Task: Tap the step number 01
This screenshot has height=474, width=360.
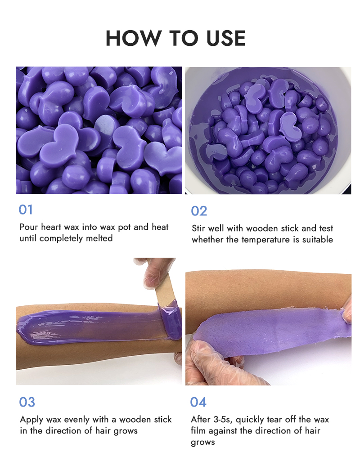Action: pyautogui.click(x=26, y=210)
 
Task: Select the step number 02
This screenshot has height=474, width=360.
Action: pyautogui.click(x=199, y=210)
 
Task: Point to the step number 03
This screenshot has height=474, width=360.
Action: pyautogui.click(x=27, y=402)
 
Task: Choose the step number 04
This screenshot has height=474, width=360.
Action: pyautogui.click(x=198, y=402)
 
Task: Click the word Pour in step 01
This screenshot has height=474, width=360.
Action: pyautogui.click(x=28, y=227)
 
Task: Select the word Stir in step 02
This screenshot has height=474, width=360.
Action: pyautogui.click(x=199, y=228)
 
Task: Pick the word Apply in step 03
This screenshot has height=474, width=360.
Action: pyautogui.click(x=31, y=420)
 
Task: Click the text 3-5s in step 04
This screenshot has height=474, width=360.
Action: pyautogui.click(x=221, y=420)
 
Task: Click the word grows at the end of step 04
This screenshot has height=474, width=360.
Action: pyautogui.click(x=203, y=443)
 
